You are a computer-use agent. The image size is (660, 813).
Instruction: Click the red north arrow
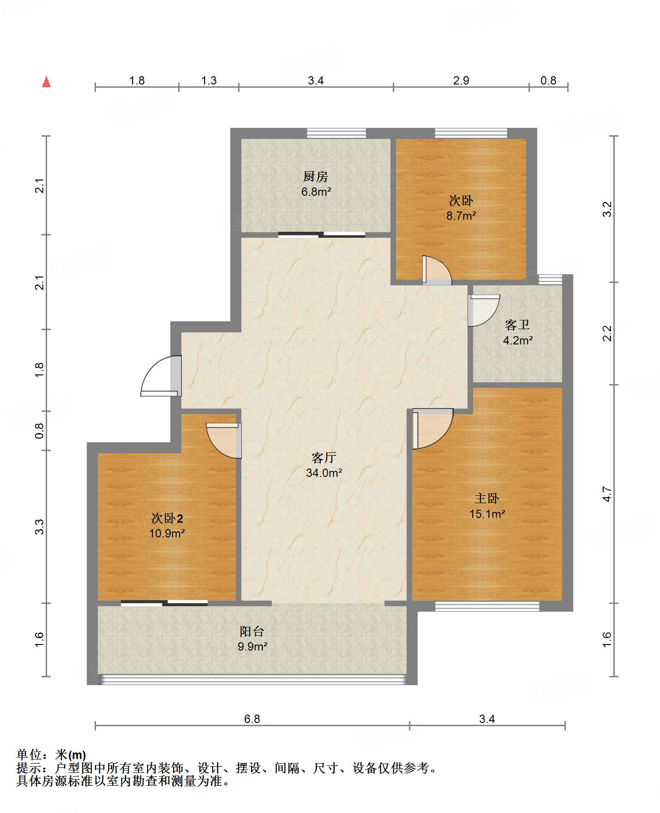coord(46,82)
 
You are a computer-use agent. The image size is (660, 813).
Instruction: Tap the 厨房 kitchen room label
coord(316,176)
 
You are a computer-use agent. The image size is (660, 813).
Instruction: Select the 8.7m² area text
coord(461,216)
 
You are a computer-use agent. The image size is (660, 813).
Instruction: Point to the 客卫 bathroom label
coord(517,325)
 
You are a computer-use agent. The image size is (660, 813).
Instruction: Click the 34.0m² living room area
coord(324,473)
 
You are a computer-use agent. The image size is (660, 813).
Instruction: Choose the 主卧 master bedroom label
coord(487,499)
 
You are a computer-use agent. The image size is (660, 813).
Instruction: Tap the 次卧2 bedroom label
coord(167,518)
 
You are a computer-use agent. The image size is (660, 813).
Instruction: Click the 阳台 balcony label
coord(252,631)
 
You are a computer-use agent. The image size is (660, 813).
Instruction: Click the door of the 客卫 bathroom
coord(484,310)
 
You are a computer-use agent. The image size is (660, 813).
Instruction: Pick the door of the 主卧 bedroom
coord(432,429)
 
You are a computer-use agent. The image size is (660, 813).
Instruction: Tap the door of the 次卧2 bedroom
coord(224,440)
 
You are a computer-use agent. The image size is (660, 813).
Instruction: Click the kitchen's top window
coord(336,133)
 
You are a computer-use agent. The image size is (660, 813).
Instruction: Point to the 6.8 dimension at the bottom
coord(252,719)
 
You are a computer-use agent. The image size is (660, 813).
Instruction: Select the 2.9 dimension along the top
coord(461,81)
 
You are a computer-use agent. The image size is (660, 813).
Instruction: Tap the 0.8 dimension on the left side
coord(40,431)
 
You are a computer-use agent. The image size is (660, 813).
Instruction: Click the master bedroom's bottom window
coord(487,606)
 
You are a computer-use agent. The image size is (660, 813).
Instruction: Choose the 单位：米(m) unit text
coord(51,755)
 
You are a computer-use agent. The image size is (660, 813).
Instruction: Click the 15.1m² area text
coord(487,514)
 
